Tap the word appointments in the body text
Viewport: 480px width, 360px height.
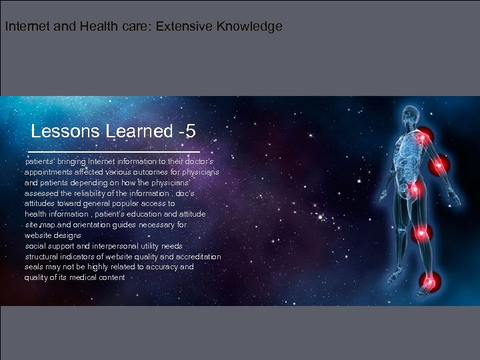coord(49,172)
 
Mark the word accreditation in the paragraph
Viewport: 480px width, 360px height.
coord(197,257)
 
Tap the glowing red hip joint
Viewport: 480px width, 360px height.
coord(415,190)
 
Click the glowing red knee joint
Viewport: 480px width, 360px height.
coord(421,233)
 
